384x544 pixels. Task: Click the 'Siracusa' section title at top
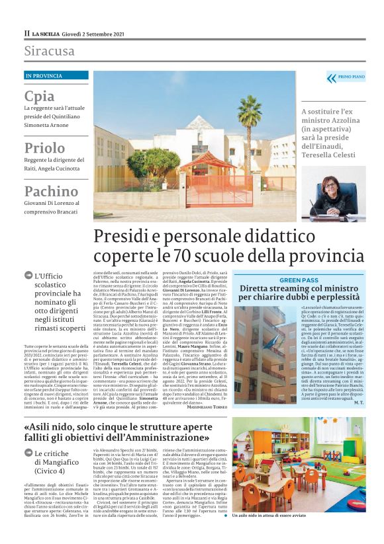pos(50,51)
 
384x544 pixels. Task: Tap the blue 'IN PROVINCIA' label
pos(44,76)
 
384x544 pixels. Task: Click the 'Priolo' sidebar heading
pos(44,147)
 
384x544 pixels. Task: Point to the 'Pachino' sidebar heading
pos(51,192)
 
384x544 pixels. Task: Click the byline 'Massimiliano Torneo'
pos(203,406)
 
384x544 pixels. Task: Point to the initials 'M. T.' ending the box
pos(354,402)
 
